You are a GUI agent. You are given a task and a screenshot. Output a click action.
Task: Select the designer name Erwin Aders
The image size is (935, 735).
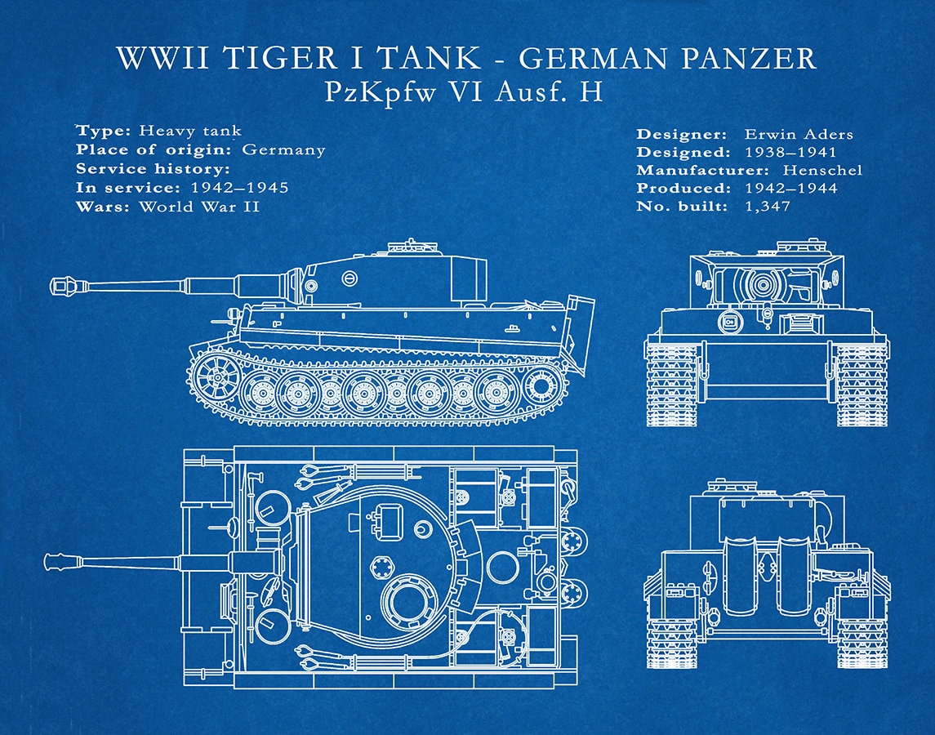point(798,134)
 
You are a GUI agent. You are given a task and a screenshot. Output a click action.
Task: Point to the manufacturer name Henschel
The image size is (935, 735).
point(821,170)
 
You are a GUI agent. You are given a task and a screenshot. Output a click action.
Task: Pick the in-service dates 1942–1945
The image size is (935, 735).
point(239,188)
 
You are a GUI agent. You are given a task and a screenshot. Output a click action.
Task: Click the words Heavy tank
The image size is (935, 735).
point(189,131)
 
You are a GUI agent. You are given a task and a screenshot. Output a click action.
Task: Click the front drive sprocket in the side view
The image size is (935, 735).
point(216,378)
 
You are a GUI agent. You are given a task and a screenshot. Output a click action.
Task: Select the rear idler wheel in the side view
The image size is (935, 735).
point(539,385)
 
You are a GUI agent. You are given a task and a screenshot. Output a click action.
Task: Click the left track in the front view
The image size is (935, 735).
point(671,384)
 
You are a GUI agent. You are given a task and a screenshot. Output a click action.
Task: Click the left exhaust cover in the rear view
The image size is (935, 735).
point(741,576)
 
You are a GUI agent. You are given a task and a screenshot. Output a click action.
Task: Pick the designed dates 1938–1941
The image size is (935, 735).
point(790,152)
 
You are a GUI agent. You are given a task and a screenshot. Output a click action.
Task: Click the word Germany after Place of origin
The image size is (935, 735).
point(283,149)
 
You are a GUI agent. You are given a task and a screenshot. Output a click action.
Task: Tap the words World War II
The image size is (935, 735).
point(198,206)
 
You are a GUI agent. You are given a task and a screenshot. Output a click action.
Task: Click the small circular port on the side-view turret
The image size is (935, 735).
point(350,278)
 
